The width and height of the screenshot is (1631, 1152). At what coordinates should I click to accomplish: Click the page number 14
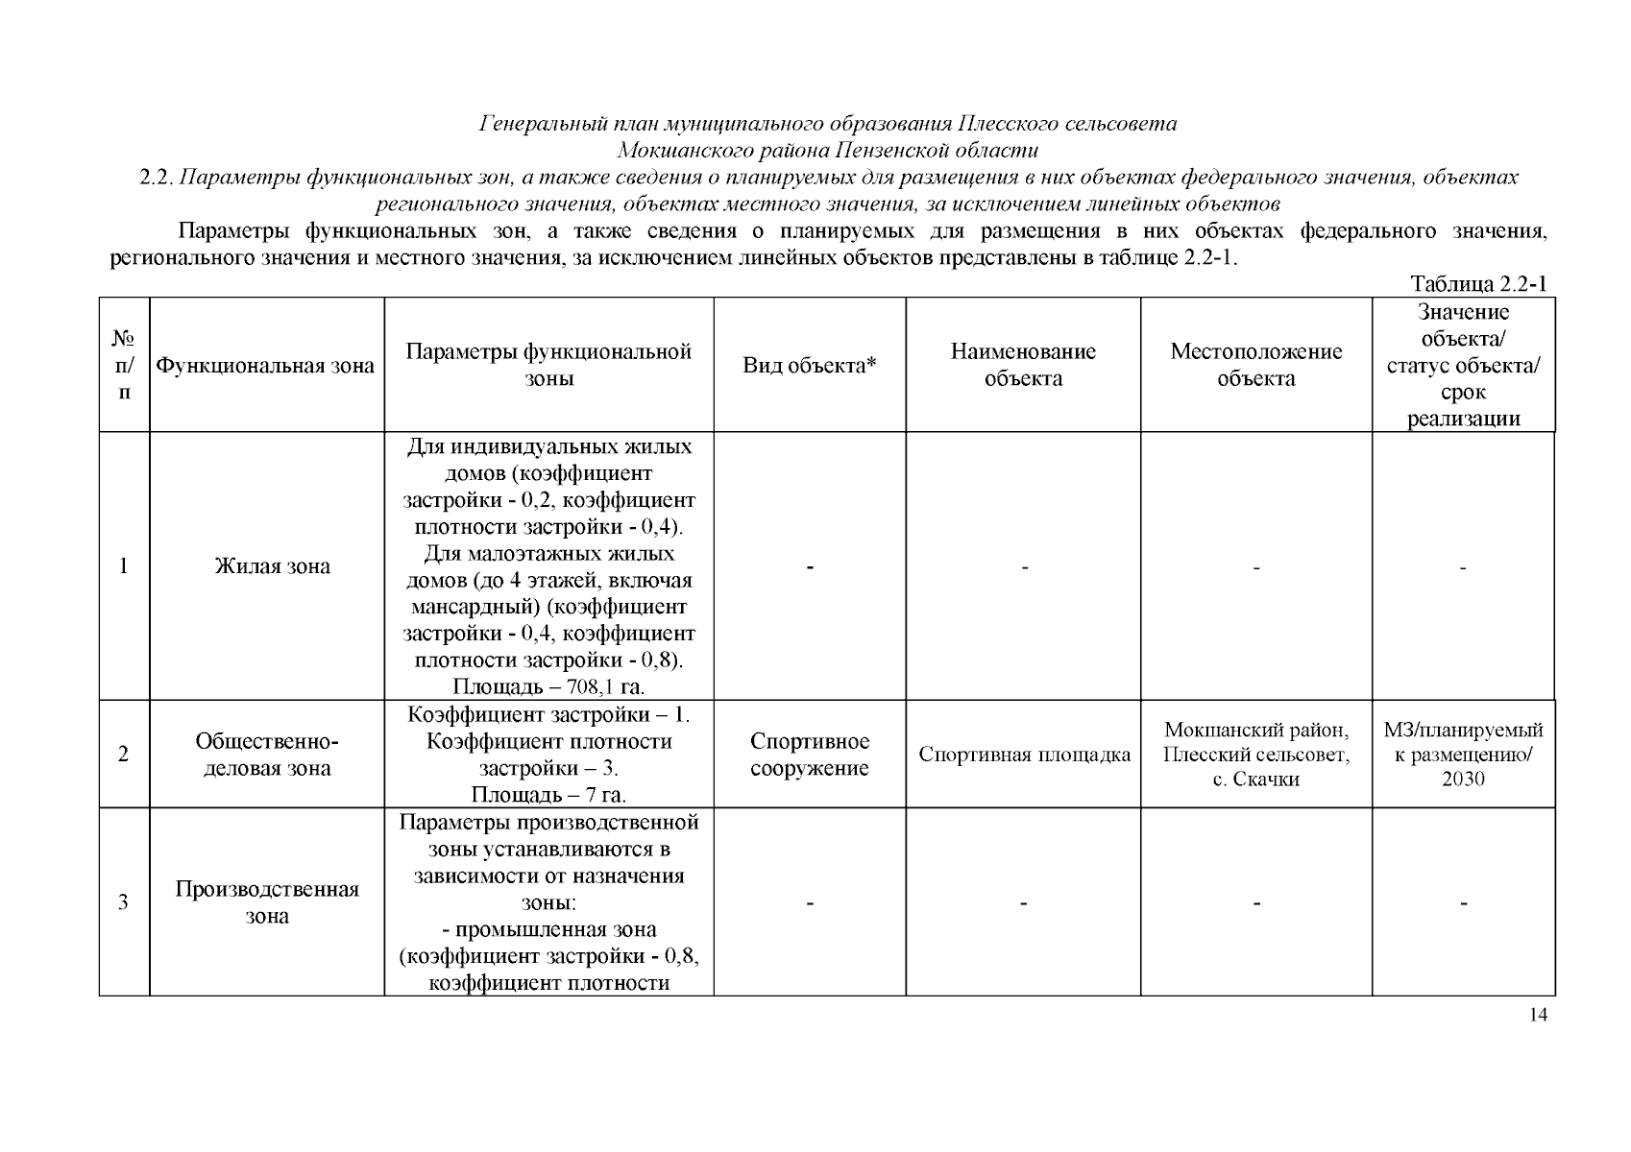pos(1538,1017)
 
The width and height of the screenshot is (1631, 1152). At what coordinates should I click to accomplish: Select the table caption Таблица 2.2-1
pos(1477,284)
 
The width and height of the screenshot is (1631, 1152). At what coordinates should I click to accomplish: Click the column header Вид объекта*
pos(810,366)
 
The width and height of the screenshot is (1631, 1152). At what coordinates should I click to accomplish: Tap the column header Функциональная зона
pos(266,366)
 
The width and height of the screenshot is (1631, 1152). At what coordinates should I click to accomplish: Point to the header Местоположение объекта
pos(1255,365)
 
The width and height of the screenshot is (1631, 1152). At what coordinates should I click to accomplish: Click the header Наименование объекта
pos(1023,365)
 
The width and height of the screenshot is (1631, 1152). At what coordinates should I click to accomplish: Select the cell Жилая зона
pos(272,566)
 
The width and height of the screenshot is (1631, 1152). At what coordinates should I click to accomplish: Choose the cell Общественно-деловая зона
pos(267,755)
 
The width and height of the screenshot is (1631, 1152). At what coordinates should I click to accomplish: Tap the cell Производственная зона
pos(267,902)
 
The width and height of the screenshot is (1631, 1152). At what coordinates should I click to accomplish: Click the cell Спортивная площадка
pos(1024,755)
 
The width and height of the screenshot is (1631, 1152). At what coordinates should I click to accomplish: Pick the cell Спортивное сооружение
pos(810,755)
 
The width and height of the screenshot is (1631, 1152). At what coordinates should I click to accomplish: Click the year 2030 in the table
pos(1463,780)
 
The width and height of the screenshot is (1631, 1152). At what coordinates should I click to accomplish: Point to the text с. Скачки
pos(1255,780)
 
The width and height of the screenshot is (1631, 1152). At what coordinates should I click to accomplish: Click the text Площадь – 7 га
pos(548,795)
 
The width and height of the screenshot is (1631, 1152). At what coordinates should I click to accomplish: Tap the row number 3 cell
pos(124,902)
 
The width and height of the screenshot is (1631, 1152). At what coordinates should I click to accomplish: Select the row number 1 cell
pos(124,566)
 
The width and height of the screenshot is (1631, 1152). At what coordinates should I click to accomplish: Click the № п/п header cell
pos(124,366)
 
